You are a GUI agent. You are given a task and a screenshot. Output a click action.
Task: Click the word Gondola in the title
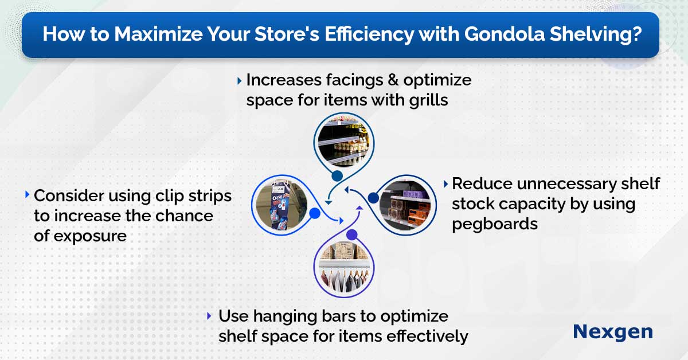505,34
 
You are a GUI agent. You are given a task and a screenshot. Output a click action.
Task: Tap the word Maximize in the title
158,34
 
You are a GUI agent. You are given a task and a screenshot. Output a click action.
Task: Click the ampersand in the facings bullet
393,80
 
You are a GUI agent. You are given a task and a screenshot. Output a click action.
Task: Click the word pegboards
495,224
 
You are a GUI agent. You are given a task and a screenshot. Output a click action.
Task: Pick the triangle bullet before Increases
239,81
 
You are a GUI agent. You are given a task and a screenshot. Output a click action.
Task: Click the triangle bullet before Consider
27,195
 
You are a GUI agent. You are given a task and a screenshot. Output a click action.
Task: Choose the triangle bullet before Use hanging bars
209,316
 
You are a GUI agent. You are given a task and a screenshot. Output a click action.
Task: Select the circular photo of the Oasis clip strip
282,205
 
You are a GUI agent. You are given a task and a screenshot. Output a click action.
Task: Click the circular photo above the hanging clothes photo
343,141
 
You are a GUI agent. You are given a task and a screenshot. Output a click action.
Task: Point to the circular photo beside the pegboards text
405,205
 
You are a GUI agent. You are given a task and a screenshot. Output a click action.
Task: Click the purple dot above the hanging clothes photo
352,235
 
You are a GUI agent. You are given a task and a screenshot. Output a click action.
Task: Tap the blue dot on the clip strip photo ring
315,213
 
